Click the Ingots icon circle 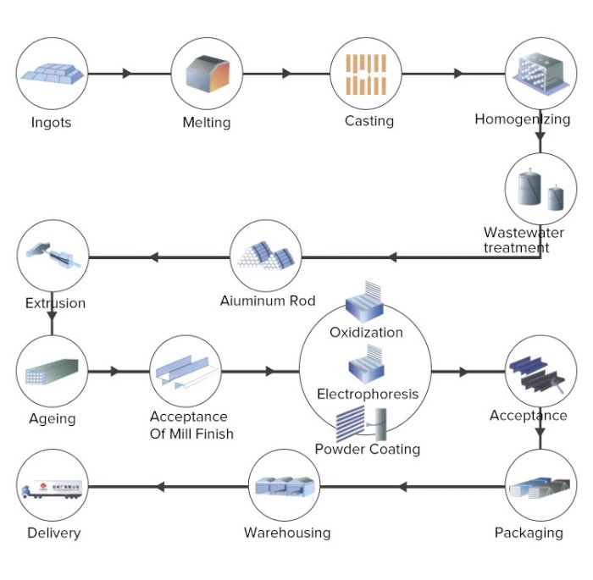click(53, 74)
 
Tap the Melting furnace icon click(206, 74)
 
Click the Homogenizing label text click(522, 119)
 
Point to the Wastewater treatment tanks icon click(540, 190)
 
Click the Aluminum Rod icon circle click(266, 255)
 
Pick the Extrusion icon click(53, 255)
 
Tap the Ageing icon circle click(53, 371)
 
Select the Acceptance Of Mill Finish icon click(186, 371)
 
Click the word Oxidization click(366, 332)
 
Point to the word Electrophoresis click(368, 394)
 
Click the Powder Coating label click(367, 449)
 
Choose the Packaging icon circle click(540, 487)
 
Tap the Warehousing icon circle click(285, 487)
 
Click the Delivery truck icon click(53, 487)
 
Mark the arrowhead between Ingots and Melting click(127, 74)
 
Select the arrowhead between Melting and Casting click(286, 74)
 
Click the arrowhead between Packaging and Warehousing click(403, 487)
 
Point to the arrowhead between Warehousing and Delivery click(161, 487)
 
